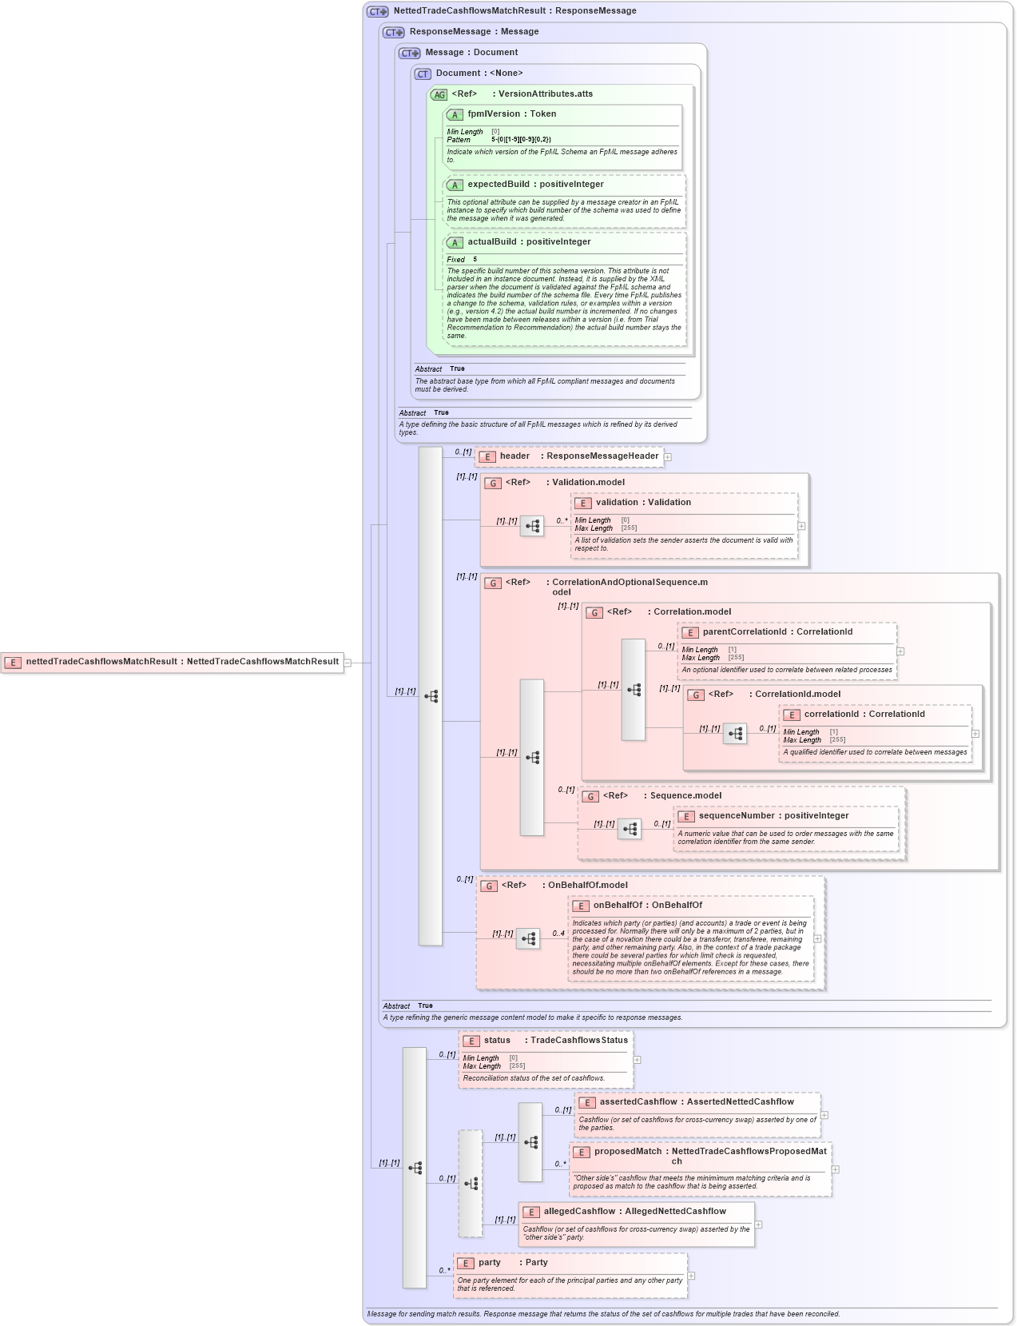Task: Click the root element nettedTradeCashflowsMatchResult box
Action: coord(172,662)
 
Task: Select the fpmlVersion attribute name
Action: coord(493,114)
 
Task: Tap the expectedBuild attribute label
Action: coord(499,185)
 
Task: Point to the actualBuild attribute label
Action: coord(491,242)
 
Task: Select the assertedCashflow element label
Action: coord(638,1102)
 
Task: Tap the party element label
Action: coord(490,1263)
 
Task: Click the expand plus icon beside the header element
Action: coord(668,457)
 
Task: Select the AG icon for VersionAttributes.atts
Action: coord(439,94)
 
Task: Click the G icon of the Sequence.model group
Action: coord(590,796)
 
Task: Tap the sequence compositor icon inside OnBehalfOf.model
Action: coord(528,938)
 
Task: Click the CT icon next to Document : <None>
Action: coord(423,74)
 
